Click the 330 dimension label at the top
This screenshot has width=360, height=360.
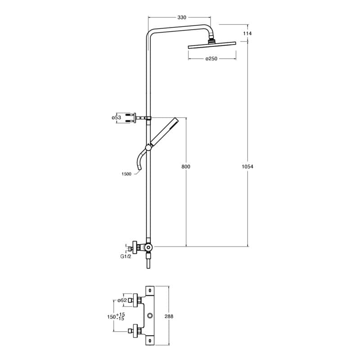[181, 18]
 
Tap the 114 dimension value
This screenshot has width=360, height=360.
[247, 34]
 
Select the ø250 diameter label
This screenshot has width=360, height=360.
[211, 58]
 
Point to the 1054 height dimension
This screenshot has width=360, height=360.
[248, 166]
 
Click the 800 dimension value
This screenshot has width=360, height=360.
[186, 166]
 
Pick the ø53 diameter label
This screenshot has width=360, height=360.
[116, 117]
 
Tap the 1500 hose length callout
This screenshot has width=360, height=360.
[126, 174]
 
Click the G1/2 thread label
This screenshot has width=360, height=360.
[126, 256]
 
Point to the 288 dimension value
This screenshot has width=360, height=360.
[169, 316]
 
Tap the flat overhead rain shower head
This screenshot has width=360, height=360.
[211, 46]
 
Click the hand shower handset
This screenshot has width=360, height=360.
[164, 131]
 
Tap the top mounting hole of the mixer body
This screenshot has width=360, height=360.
[150, 290]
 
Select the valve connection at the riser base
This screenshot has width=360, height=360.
[147, 247]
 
